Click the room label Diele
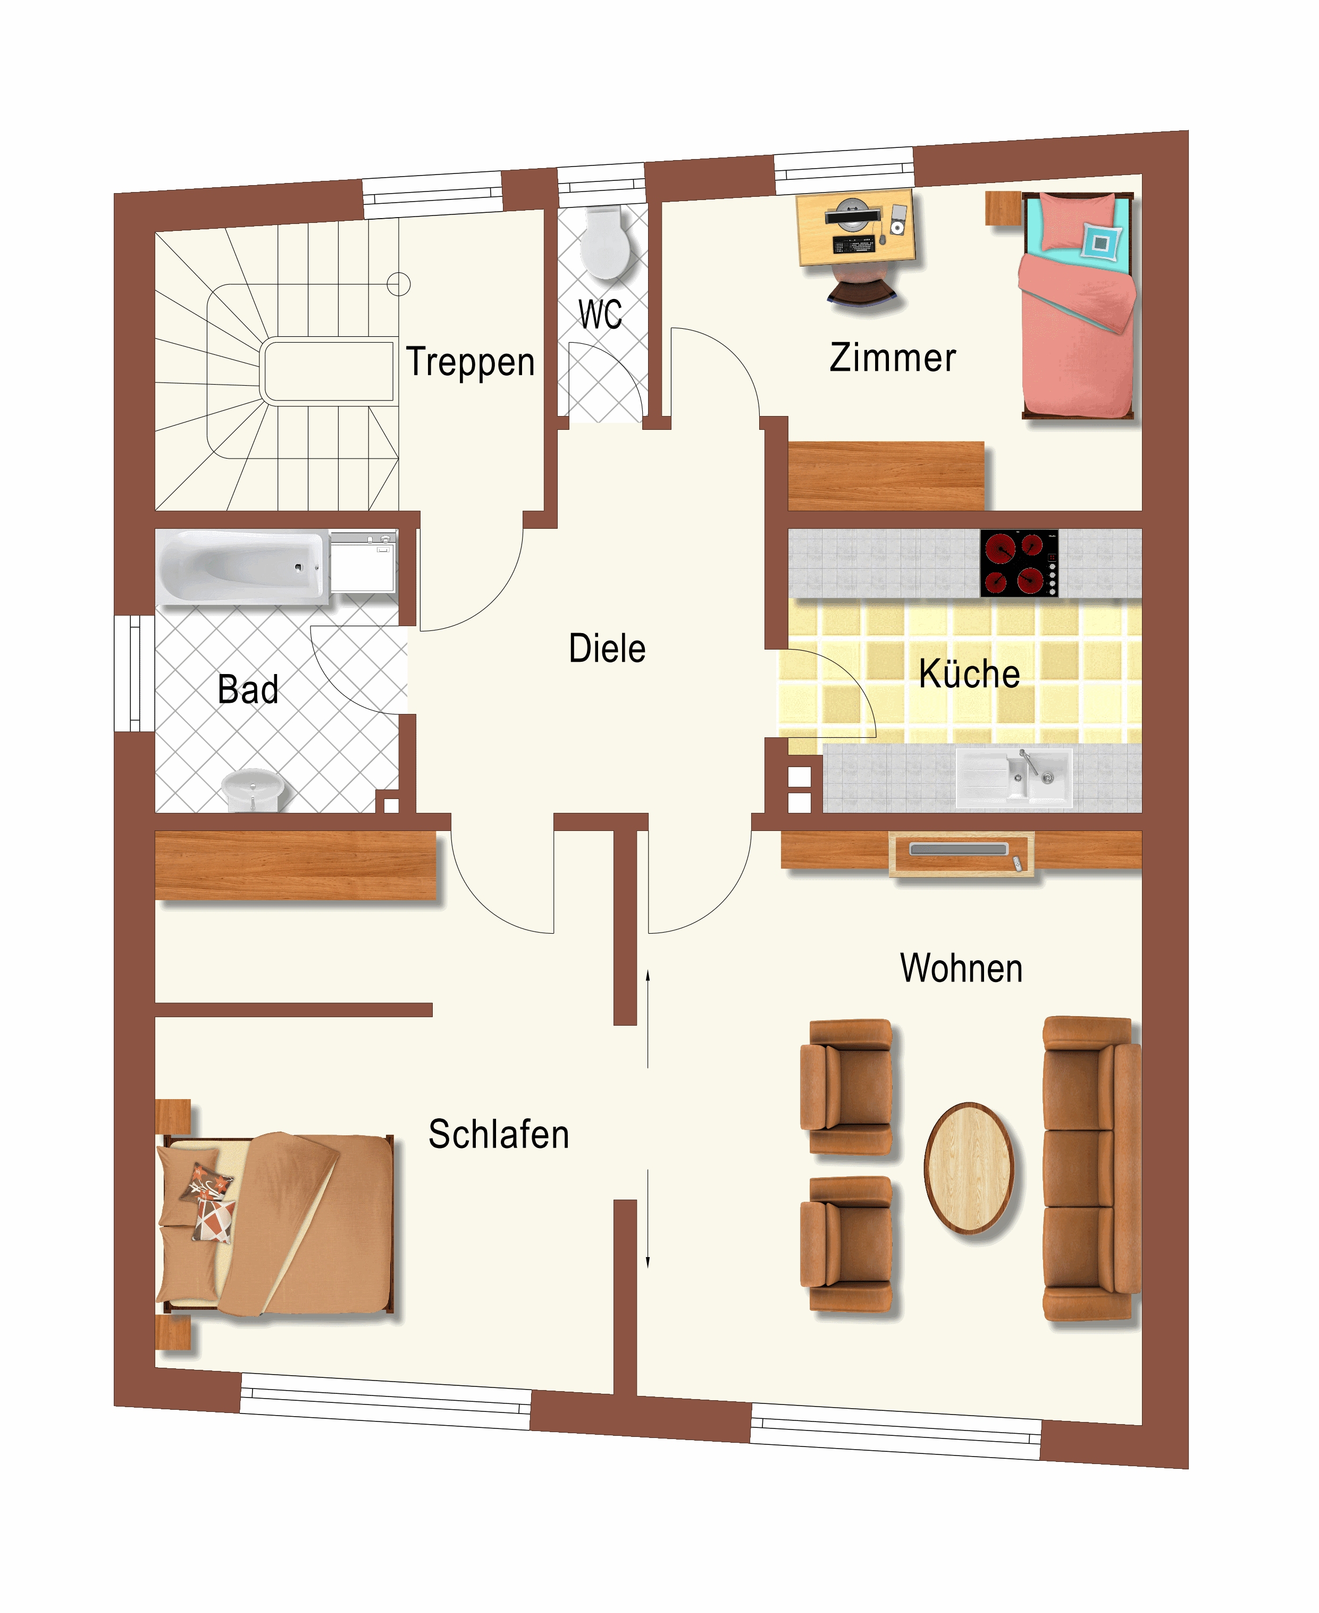607,648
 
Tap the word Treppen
471,362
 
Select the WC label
600,314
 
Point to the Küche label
970,673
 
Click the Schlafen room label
499,1134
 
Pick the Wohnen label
961,968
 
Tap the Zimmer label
893,357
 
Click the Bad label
248,689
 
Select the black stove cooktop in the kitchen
1019,563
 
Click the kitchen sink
1013,777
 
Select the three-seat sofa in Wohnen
1091,1168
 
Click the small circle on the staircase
399,284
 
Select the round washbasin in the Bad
252,790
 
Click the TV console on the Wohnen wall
961,854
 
